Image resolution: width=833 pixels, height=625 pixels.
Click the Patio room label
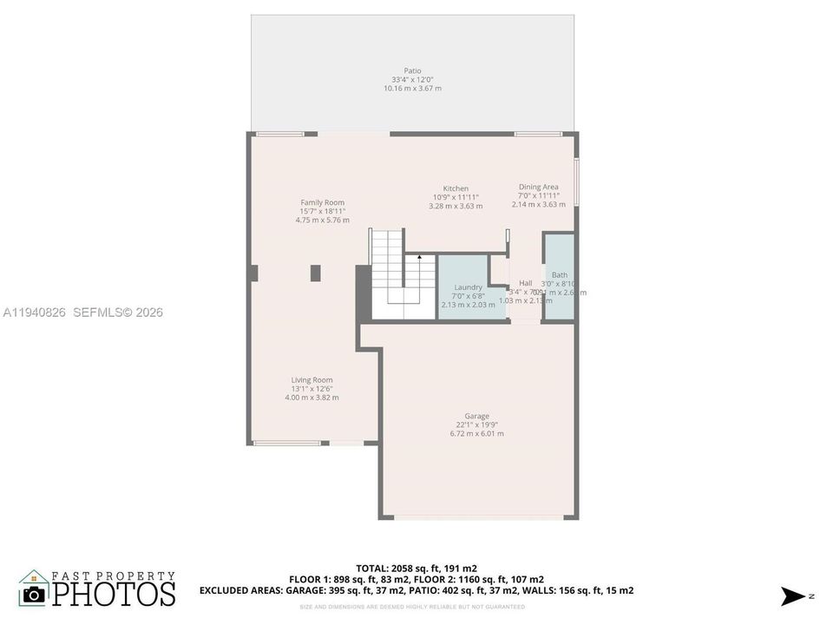tap(412, 71)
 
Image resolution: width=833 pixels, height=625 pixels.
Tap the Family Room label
tap(323, 202)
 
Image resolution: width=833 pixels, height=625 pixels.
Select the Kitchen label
tap(456, 188)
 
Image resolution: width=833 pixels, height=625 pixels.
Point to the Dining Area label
tap(538, 187)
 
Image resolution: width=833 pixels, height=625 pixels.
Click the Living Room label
tap(312, 379)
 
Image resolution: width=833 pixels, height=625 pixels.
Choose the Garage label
tap(476, 416)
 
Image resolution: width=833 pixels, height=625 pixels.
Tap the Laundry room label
tap(468, 287)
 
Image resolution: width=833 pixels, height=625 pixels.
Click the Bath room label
tap(560, 275)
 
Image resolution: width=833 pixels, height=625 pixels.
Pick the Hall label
tap(526, 283)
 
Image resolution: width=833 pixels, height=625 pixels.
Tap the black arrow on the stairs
tap(420, 258)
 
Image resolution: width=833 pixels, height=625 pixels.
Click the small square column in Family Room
tap(316, 273)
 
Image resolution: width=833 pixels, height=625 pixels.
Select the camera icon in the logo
tap(35, 594)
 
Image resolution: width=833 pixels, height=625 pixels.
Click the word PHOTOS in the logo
tap(114, 594)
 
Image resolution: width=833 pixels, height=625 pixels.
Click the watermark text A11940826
tap(34, 312)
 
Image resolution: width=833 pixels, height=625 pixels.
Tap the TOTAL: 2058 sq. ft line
tap(416, 568)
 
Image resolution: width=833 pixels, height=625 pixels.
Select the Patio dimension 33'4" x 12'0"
tap(412, 80)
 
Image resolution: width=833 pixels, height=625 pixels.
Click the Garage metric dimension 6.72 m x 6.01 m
tap(476, 433)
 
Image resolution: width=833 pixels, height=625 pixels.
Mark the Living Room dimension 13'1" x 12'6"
tap(312, 388)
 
